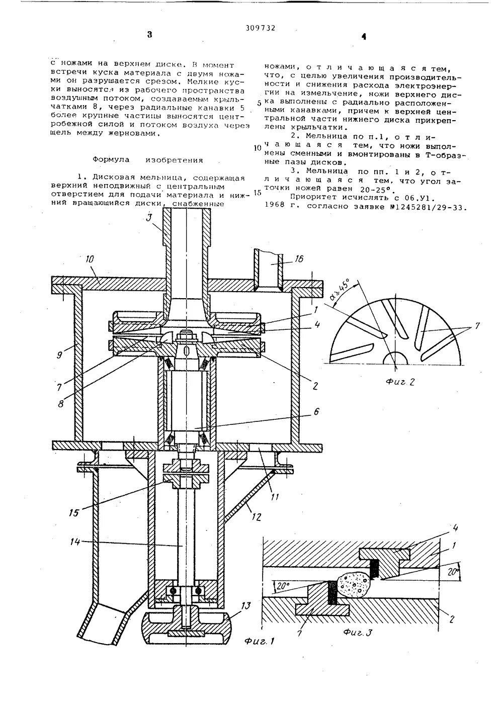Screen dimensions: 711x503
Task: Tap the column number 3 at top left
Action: pos(149,35)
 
